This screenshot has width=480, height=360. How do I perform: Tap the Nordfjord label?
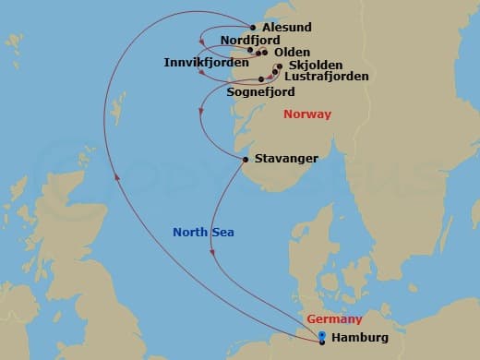tap(251, 41)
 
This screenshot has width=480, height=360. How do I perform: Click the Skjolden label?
tap(316, 66)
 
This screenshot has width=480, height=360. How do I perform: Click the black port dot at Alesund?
tap(254, 28)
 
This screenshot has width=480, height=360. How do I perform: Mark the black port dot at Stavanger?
tap(245, 160)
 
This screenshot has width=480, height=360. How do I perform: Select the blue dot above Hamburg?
tap(321, 335)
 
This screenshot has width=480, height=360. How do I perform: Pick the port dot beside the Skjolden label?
tap(279, 66)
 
